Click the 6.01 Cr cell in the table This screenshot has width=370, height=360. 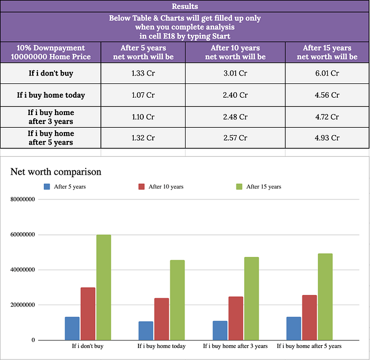[327, 73]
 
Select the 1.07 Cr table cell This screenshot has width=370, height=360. [143, 96]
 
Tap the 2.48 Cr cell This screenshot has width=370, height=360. [235, 117]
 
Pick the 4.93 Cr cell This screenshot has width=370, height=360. [327, 138]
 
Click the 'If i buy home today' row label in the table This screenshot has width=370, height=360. [51, 96]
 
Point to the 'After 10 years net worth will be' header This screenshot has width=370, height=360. [235, 52]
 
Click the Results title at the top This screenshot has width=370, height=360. [185, 6]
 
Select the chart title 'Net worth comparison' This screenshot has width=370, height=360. [55, 172]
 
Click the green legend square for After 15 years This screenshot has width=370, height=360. [238, 186]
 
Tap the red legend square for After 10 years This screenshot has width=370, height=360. [142, 186]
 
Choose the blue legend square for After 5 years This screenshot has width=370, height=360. [47, 186]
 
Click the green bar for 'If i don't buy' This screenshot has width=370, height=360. [104, 287]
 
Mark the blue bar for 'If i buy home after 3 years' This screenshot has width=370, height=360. [220, 330]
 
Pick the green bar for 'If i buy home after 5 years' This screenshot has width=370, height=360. [325, 297]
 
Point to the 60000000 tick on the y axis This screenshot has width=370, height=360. [22, 234]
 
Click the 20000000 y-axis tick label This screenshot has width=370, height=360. [22, 305]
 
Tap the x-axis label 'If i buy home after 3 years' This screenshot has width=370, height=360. [235, 346]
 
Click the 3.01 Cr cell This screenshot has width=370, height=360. [235, 73]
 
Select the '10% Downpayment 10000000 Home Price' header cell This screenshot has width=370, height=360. [51, 52]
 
